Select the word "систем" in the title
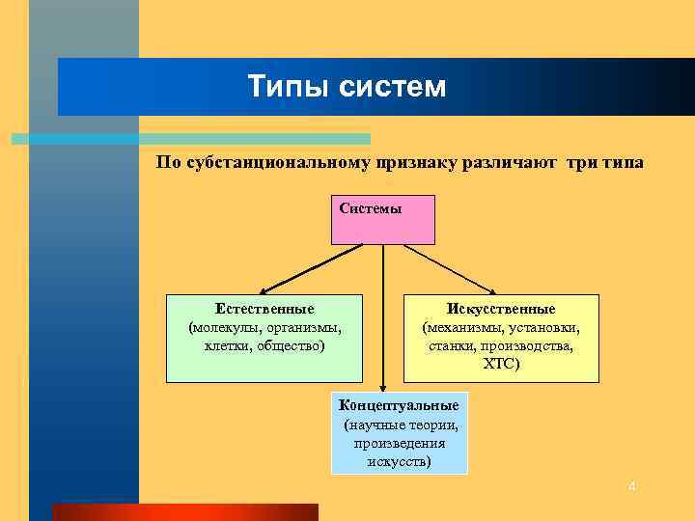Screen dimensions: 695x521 393,88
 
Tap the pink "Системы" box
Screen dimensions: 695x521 383,219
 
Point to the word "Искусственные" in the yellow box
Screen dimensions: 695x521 501,310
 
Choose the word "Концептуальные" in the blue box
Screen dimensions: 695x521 399,405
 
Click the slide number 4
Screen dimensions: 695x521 631,487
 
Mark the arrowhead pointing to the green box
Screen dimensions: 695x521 264,288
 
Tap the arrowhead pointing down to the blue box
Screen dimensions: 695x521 383,385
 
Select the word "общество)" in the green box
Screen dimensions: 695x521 291,345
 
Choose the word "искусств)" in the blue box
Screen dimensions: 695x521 399,461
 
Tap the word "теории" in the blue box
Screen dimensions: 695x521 432,424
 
